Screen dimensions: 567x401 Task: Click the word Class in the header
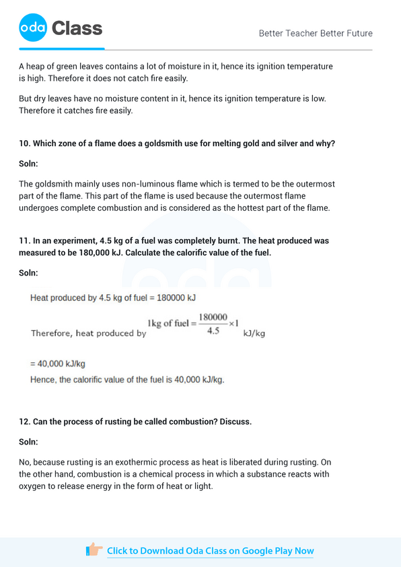coord(77,28)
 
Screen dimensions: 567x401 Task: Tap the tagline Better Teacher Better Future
coord(316,33)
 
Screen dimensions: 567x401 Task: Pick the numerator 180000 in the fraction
coord(213,316)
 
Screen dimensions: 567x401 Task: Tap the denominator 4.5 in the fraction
coord(213,331)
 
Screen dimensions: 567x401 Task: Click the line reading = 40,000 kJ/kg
coord(58,364)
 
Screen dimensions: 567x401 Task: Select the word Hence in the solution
coord(42,380)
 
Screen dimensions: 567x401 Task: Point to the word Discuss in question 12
coord(233,422)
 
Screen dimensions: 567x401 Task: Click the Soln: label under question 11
coord(28,273)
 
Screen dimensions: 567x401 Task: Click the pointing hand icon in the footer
coord(94,549)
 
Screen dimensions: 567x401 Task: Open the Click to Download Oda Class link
coord(210,551)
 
